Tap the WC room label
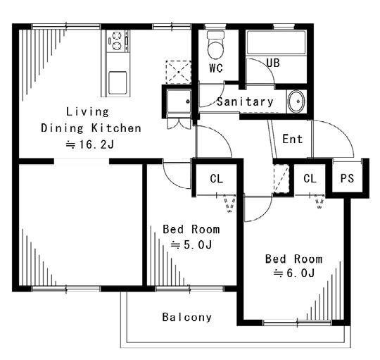216,68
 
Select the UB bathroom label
273,63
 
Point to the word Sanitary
245,101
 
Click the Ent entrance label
293,139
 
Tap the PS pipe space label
347,178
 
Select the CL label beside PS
310,178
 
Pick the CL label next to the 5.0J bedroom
217,179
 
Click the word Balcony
187,317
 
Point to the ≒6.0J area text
294,273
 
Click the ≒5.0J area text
191,244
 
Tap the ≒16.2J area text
90,144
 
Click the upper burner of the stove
117,35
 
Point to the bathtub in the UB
276,43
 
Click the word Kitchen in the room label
116,128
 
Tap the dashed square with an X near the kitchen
178,72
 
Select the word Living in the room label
87,112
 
